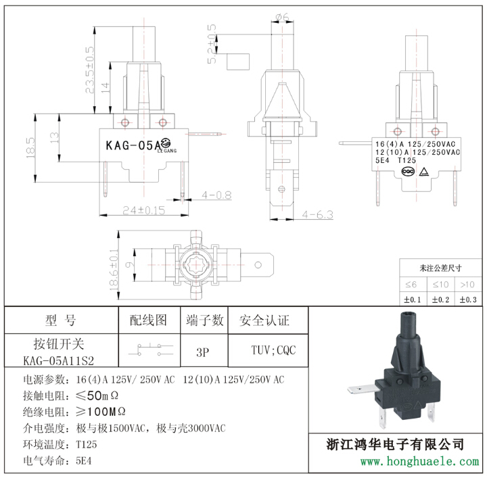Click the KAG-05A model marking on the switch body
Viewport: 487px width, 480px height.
[133, 145]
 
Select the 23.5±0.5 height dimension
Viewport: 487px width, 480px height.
[89, 70]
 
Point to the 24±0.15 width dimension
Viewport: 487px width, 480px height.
[144, 210]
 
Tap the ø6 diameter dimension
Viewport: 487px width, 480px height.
[282, 17]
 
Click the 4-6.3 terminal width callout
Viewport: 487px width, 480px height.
[317, 214]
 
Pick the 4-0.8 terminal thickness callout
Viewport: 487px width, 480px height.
[217, 195]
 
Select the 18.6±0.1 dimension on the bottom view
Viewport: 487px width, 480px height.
[114, 270]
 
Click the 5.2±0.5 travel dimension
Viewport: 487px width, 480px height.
[212, 44]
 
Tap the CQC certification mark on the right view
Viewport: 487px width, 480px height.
[408, 172]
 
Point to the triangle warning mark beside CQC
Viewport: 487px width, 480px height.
[424, 172]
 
